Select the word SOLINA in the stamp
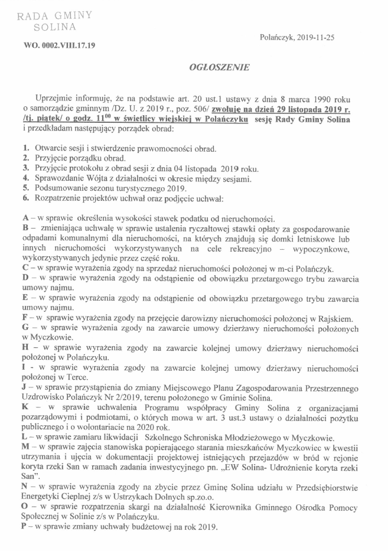54,28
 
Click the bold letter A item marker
26,219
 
